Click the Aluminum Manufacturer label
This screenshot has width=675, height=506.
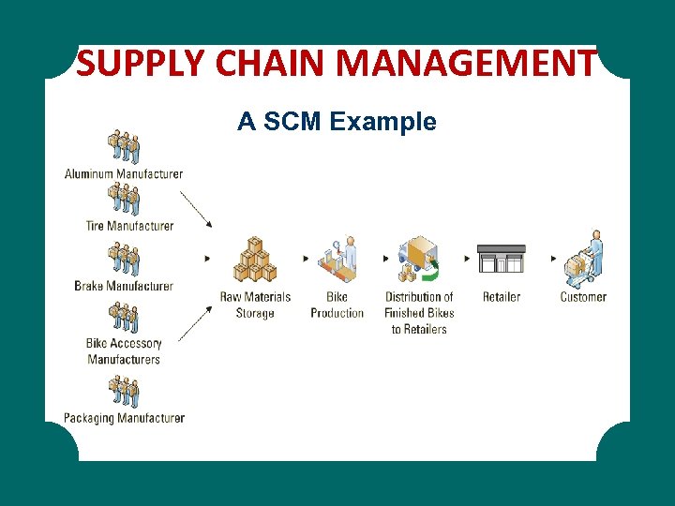click(x=124, y=173)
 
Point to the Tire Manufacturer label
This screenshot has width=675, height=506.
click(x=129, y=226)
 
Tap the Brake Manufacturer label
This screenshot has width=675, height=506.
click(x=124, y=286)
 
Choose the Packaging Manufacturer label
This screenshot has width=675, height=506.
click(x=124, y=418)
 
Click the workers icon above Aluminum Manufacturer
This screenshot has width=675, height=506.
click(x=124, y=146)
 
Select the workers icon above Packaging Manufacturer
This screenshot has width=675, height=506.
click(x=124, y=392)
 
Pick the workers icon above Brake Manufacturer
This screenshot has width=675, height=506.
click(x=124, y=259)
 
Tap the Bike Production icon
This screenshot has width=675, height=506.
click(x=337, y=260)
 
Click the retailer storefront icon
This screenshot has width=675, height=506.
click(x=502, y=259)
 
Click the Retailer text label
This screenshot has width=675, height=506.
click(x=502, y=297)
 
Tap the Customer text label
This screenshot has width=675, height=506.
click(x=583, y=297)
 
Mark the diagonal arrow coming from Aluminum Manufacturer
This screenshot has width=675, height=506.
click(x=195, y=209)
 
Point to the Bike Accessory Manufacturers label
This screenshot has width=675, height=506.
click(x=124, y=351)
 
